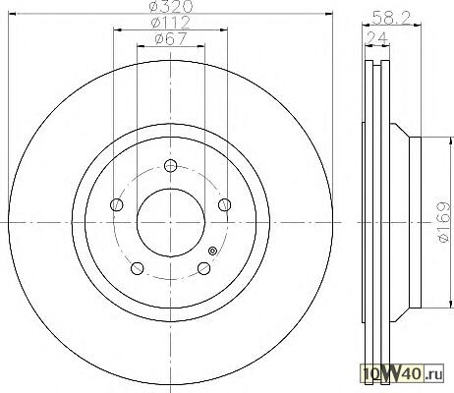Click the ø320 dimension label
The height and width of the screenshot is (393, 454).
point(170,6)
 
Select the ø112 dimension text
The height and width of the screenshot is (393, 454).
point(170,23)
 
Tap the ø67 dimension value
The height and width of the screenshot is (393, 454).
point(170,39)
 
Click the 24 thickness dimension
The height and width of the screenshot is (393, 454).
point(376,37)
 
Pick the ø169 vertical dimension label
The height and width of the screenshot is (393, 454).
point(445,222)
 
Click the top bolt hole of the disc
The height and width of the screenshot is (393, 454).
point(170,166)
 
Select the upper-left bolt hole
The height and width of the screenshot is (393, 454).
point(117,205)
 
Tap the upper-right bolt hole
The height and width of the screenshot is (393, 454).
point(225,204)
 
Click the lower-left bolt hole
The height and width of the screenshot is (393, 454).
point(138,268)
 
